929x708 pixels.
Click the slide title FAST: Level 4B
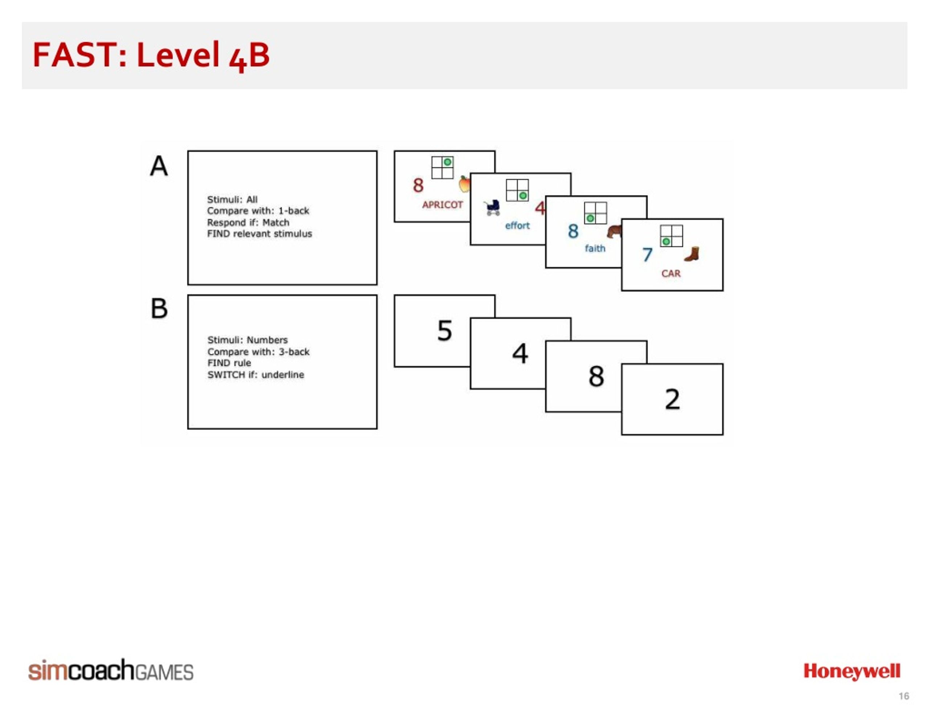tap(151, 55)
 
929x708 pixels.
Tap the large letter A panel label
tap(159, 166)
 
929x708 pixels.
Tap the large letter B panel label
tap(159, 309)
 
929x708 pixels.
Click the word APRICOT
tap(442, 205)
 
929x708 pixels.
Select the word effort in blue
tap(517, 226)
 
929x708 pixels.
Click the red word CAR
tap(671, 273)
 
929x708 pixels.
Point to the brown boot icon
tap(692, 254)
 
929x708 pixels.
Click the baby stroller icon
tap(492, 208)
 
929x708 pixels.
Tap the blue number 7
tap(647, 255)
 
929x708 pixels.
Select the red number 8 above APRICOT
tap(418, 185)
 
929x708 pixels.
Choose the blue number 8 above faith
tap(573, 231)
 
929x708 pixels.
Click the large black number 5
tap(445, 330)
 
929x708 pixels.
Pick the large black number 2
tap(672, 399)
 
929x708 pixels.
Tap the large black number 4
tap(520, 353)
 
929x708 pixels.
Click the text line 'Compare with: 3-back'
tap(258, 352)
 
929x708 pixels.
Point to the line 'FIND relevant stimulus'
tap(259, 234)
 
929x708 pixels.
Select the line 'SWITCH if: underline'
tap(255, 375)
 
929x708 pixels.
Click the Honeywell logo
tap(852, 672)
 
